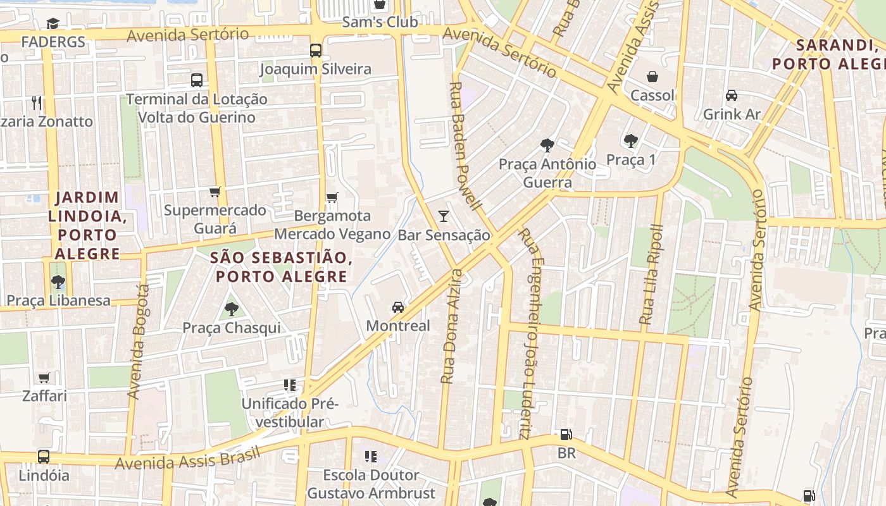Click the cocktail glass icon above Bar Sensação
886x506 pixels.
point(444,216)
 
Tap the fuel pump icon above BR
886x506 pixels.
point(566,435)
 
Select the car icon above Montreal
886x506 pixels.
point(397,307)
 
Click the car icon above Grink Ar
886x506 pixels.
point(732,96)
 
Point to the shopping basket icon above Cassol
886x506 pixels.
point(652,77)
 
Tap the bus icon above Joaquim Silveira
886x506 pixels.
point(315,50)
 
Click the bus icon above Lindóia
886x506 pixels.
point(44,456)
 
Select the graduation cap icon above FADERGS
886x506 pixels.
point(53,23)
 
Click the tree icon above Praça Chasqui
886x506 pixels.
point(231,309)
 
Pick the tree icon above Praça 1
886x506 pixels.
point(630,140)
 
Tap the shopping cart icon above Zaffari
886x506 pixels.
point(44,378)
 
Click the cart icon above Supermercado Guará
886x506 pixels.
point(215,192)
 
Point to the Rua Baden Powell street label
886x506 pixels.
point(466,145)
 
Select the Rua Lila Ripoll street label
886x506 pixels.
point(651,275)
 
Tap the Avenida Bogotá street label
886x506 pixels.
point(138,342)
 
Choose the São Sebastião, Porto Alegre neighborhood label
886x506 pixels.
point(281,267)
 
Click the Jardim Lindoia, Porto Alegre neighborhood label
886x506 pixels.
point(87,226)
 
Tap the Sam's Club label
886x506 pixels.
point(380,22)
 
